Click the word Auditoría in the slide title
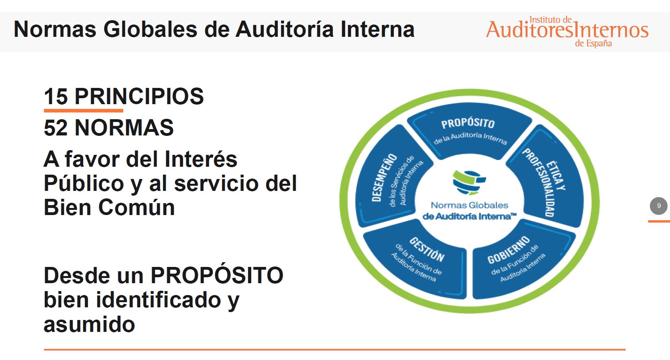click(x=284, y=29)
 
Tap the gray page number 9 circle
click(x=659, y=206)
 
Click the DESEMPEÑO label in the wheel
click(x=384, y=177)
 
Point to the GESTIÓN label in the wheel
click(x=427, y=249)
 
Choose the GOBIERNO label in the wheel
click(x=508, y=250)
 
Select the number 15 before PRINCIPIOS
click(x=55, y=97)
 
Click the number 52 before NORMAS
click(x=55, y=128)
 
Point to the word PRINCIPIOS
click(x=139, y=97)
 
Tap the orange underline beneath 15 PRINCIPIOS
click(x=84, y=110)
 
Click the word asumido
click(x=89, y=324)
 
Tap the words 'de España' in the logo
click(x=593, y=44)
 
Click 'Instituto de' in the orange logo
click(x=550, y=20)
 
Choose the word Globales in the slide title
click(x=151, y=29)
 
